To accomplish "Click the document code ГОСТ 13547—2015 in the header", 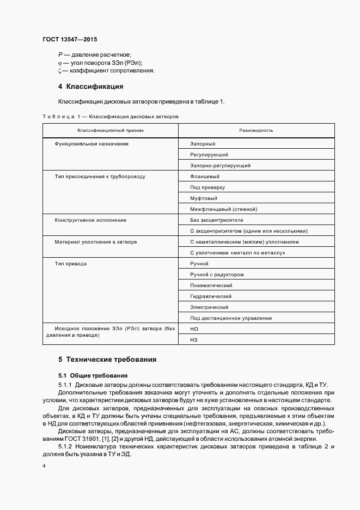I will [69, 40].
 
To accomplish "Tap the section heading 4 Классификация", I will [91, 87].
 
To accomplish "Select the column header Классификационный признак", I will [110, 131].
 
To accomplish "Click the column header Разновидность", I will [256, 131].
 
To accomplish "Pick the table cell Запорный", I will [203, 144].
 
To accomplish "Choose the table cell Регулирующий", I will [209, 155].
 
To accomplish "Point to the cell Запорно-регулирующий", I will [220, 166].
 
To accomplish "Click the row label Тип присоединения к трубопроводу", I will [100, 177].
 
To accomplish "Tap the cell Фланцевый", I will [205, 177].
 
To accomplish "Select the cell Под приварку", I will [206, 187].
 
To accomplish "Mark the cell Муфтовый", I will [204, 198].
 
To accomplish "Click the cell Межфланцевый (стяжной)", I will [223, 209].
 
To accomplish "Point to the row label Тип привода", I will [70, 264].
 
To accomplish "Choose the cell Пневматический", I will [211, 286].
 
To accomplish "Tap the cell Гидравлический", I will [211, 296].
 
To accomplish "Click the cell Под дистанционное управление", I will [231, 318].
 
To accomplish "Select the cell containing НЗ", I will [194, 340].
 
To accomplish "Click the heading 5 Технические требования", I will [107, 360].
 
